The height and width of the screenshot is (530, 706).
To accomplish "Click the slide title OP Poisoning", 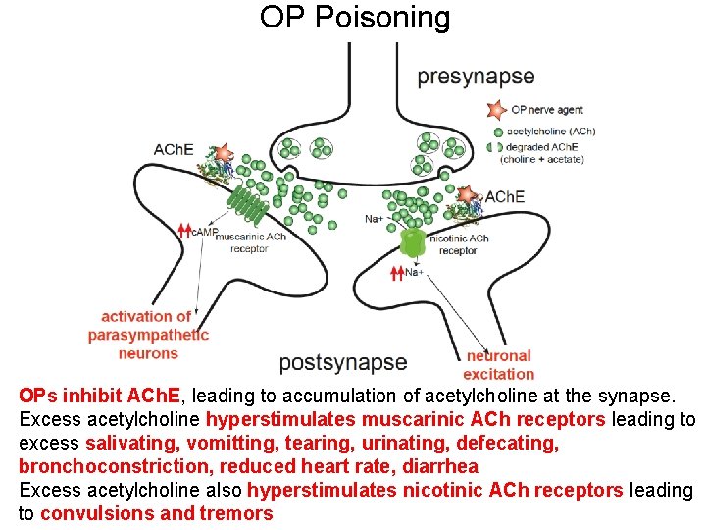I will pyautogui.click(x=355, y=18).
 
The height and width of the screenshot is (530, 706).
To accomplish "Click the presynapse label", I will pyautogui.click(x=476, y=77).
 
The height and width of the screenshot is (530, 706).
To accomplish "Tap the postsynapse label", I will pyautogui.click(x=342, y=362).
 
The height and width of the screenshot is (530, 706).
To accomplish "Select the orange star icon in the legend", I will pyautogui.click(x=497, y=110).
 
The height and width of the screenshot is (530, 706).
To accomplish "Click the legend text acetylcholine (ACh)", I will pyautogui.click(x=551, y=132).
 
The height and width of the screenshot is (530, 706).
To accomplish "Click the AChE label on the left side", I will pyautogui.click(x=174, y=150).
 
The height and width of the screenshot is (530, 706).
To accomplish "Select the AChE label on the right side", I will pyautogui.click(x=504, y=197).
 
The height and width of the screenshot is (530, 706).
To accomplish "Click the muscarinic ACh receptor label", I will pyautogui.click(x=250, y=242).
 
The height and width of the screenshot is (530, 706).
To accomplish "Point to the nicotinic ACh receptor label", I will pyautogui.click(x=459, y=244).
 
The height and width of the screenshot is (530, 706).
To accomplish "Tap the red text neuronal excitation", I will pyautogui.click(x=498, y=364).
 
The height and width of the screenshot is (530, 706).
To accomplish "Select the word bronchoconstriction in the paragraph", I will pyautogui.click(x=115, y=466).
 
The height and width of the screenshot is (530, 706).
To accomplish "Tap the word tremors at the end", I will pyautogui.click(x=235, y=513).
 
